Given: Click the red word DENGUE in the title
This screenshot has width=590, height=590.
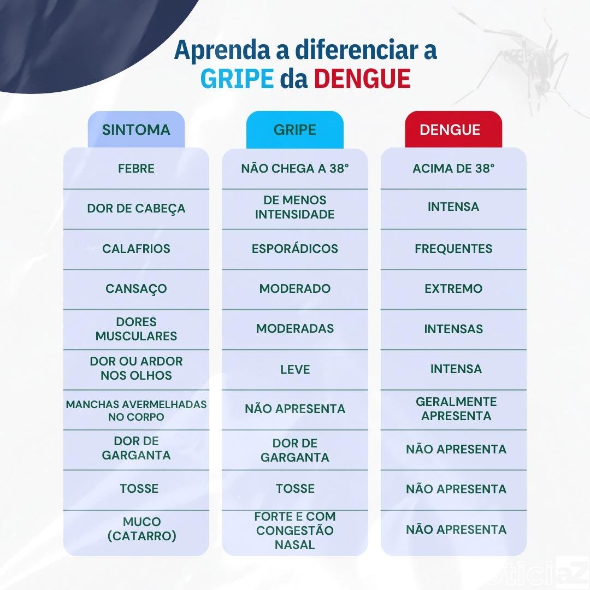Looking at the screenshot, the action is coord(362,79).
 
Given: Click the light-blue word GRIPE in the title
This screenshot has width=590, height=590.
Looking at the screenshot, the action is coord(237,79).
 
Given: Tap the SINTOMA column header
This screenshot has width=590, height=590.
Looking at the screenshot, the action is coord(136,129).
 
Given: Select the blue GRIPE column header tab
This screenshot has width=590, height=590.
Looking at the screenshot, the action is coord(295,129).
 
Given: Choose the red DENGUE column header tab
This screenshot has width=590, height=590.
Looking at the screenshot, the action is coord(453,129).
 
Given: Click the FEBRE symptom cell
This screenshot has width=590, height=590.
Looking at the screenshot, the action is coord(136,168).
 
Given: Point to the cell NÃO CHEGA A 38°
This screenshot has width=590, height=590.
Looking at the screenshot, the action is coord(295,168).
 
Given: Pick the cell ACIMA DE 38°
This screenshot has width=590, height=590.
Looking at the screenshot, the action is coord(453,168).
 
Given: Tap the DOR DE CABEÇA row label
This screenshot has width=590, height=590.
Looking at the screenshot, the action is coord(136,209).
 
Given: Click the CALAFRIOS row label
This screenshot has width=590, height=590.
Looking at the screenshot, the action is coord(136,249).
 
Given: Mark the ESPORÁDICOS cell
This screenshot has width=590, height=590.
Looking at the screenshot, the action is coord(295,249).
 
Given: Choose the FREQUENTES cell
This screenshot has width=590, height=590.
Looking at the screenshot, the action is coord(453,249).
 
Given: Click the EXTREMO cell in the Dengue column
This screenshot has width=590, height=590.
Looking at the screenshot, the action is coord(453,288).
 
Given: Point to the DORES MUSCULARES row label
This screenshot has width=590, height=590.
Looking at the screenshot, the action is coord(136,329).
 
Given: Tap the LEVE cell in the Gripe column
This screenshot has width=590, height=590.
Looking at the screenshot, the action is coord(295,369).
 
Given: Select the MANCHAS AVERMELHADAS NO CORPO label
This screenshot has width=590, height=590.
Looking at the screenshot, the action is coord(136,410).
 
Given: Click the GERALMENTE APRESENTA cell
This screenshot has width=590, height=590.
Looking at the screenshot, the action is coord(456,409).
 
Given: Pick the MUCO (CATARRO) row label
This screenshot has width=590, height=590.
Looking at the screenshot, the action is coord(142,529).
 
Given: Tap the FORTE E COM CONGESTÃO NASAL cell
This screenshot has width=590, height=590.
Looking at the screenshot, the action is coord(295,530).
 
